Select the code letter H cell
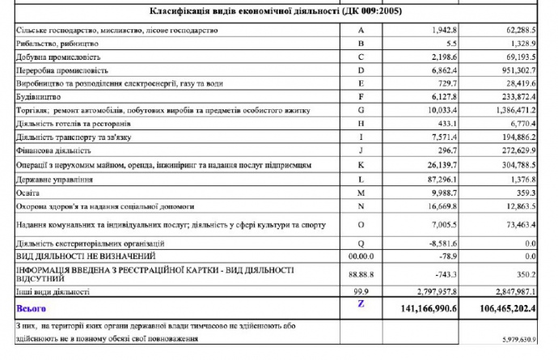coord(362,124)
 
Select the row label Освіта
coord(28,194)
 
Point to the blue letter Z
coord(361,303)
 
